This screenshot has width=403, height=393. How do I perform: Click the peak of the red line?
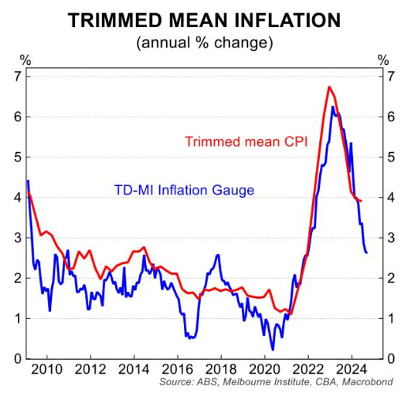[329, 87]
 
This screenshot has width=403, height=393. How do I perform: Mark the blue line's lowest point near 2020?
[273, 350]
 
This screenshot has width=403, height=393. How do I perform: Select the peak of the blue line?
[333, 107]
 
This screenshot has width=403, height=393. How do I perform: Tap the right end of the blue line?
[367, 252]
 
